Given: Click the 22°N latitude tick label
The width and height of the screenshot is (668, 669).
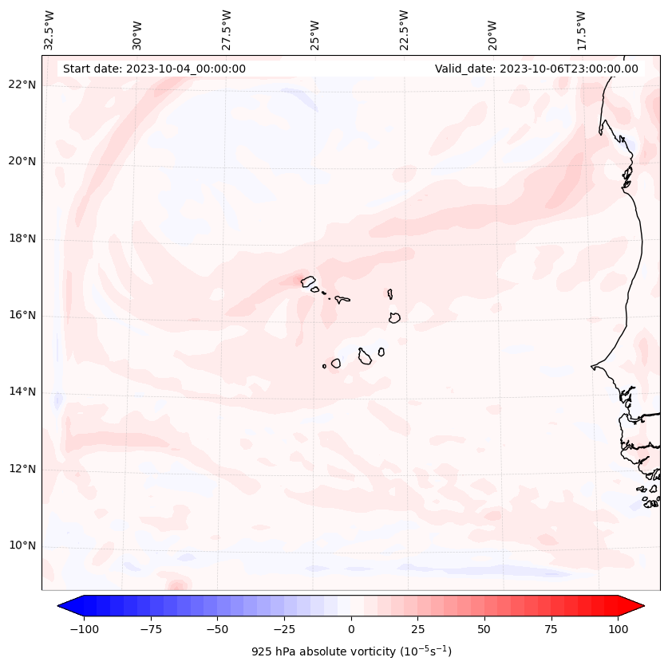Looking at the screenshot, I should click(22, 85).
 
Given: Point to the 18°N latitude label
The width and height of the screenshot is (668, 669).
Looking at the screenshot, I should click(22, 239).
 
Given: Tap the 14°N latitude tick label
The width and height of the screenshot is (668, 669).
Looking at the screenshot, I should click(22, 392).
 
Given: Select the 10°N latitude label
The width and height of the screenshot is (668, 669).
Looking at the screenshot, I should click(22, 546).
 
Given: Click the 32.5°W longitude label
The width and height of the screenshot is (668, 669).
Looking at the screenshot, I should click(49, 30).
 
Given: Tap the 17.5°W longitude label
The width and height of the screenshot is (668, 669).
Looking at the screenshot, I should click(581, 30).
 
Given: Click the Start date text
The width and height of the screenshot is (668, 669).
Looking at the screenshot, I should click(154, 69).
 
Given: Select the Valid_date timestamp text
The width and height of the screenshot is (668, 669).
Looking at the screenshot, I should click(536, 69).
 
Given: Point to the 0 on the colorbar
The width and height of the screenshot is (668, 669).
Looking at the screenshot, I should click(351, 629).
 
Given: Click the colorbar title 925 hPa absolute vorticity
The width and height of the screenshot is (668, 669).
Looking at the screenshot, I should click(351, 651).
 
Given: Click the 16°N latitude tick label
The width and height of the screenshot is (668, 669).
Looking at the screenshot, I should click(22, 316).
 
